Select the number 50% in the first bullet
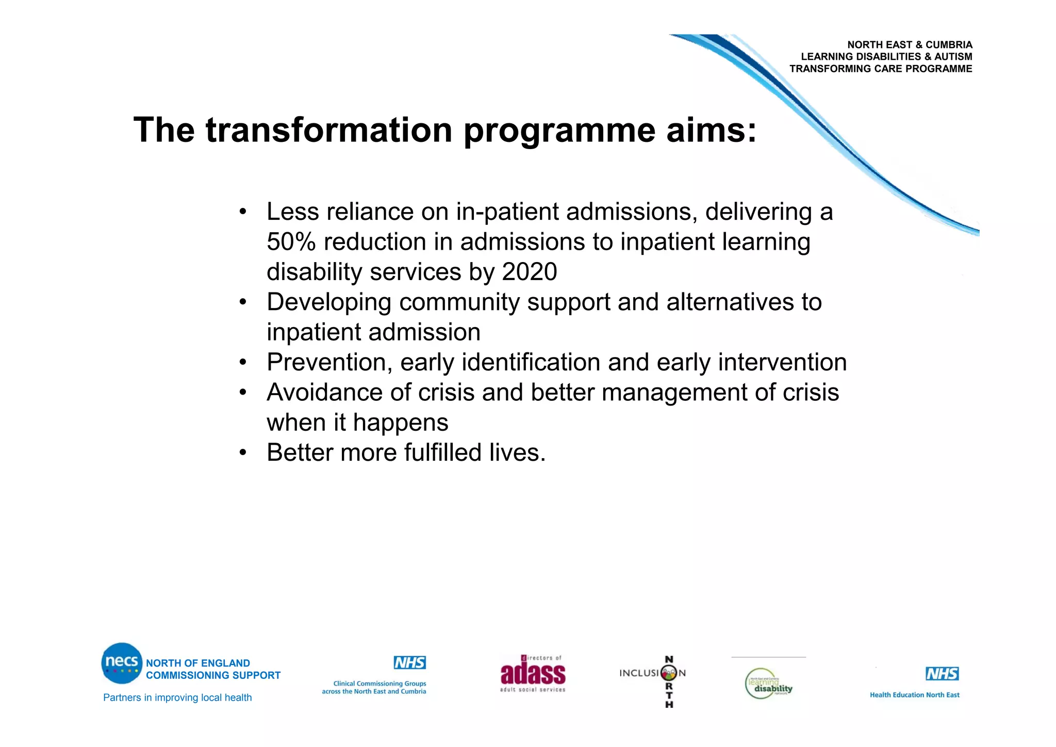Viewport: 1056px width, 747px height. coord(291,242)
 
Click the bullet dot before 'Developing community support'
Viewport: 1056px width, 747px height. coord(243,302)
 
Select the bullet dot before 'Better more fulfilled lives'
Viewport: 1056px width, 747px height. coord(243,453)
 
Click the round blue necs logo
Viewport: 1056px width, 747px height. coord(122,663)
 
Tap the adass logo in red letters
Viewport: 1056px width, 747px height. coord(533,673)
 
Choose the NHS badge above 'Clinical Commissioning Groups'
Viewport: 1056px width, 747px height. coord(409,662)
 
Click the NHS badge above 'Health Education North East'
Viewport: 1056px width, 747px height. coord(942,674)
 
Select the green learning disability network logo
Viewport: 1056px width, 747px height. coord(768,684)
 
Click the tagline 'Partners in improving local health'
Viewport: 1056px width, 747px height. coord(177,697)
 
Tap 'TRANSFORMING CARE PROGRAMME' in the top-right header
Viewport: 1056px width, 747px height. coord(880,69)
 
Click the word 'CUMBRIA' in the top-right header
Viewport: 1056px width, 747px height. coord(949,45)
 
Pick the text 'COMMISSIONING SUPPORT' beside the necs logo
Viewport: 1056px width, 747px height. coord(213,675)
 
